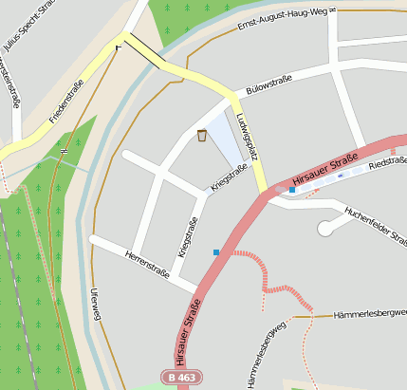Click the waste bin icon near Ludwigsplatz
202,136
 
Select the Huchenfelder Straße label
374,224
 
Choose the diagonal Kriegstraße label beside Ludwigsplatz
229,179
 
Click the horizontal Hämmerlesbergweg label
370,313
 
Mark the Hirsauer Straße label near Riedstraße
324,168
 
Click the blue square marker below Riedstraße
292,191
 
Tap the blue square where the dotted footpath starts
217,252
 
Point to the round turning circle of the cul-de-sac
327,228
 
